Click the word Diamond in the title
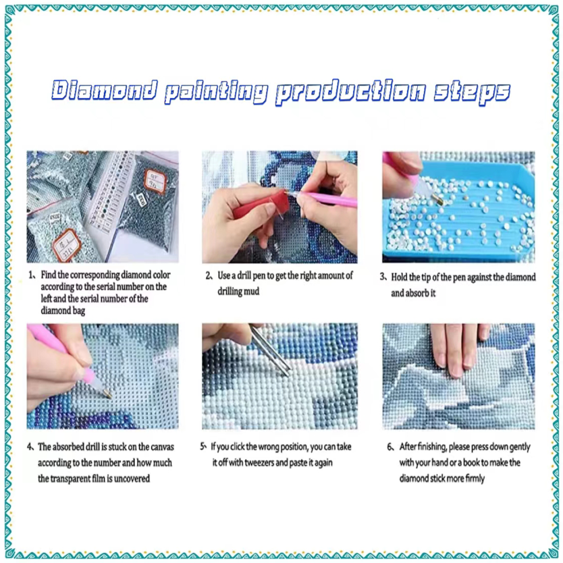105,90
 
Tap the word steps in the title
472,92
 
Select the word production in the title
351,92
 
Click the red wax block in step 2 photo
261,206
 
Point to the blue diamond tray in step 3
463,212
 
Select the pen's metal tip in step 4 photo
107,394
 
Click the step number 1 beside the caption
31,275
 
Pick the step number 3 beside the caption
383,277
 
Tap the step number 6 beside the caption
390,447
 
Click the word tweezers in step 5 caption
262,462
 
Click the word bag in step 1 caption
79,311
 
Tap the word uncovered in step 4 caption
132,479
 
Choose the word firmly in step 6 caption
475,479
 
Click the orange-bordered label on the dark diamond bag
155,182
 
